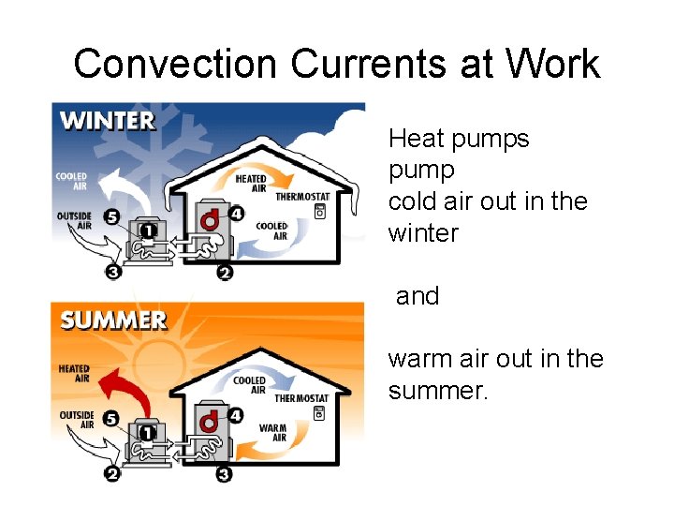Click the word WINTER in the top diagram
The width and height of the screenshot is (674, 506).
click(x=108, y=121)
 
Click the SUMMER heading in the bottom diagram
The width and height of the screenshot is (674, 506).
click(x=113, y=320)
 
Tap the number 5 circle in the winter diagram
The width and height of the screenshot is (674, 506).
click(x=111, y=217)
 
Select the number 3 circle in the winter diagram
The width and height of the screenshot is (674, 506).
click(x=113, y=273)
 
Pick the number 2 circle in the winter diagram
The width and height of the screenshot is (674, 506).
click(x=224, y=273)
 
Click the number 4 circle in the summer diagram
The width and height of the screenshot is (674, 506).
click(x=236, y=414)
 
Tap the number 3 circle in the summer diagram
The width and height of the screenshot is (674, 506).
click(x=224, y=474)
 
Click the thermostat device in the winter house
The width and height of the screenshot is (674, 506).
click(x=320, y=213)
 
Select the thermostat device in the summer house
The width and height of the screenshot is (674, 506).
click(x=320, y=415)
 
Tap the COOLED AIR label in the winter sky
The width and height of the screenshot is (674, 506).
click(x=71, y=181)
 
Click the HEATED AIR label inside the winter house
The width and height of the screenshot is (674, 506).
click(x=251, y=183)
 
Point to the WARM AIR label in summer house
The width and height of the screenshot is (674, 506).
click(x=273, y=432)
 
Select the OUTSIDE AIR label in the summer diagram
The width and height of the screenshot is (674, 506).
click(x=77, y=420)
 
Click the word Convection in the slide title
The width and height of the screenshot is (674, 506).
click(x=175, y=65)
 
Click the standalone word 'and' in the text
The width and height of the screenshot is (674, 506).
click(x=418, y=296)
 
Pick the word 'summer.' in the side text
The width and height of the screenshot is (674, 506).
click(x=438, y=391)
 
